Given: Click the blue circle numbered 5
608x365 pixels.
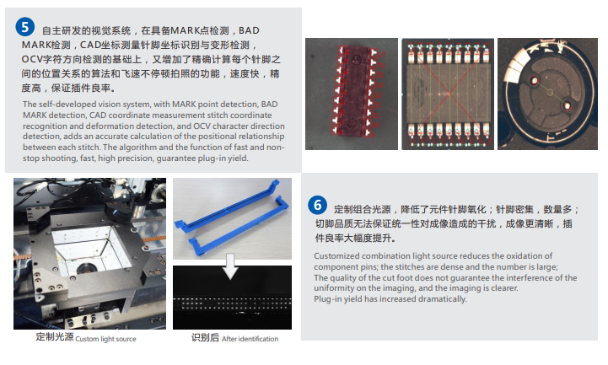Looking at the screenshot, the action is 24,27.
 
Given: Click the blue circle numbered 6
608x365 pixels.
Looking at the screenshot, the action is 318,205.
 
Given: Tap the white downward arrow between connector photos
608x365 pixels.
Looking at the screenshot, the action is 230,266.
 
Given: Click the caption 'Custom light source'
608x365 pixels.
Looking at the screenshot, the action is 105,339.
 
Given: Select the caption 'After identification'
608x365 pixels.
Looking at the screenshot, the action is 250,339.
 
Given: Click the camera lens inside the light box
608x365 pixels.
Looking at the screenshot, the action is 86,267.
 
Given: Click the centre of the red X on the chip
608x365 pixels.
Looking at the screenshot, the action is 449,93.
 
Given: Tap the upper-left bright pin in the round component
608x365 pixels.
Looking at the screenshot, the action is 535,81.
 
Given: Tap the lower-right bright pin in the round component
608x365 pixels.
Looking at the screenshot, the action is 567,105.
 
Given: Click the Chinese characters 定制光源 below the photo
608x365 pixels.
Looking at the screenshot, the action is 55,336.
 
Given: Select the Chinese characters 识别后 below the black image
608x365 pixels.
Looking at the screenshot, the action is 205,337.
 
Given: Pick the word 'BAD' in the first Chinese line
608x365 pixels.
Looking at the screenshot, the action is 249,30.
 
